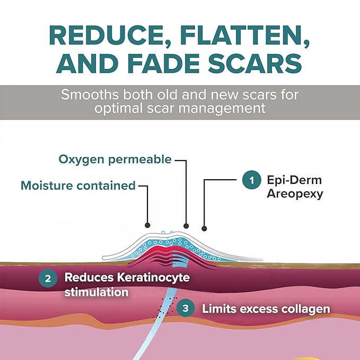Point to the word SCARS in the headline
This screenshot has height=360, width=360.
tap(255, 64)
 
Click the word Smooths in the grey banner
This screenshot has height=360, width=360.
tap(90, 94)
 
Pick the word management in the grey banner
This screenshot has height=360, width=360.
tap(222, 108)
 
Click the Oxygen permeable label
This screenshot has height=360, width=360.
tap(115, 160)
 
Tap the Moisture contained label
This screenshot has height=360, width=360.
tap(78, 186)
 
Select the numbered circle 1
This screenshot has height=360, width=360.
tap(251, 180)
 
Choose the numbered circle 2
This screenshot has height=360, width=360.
tap(48, 278)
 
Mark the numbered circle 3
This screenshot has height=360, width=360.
tap(186, 308)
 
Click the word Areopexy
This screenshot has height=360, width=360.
tap(295, 194)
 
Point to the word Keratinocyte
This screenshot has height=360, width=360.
tap(153, 278)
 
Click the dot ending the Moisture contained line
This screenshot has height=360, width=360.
tap(147, 225)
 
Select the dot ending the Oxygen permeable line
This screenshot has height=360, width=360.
tap(186, 226)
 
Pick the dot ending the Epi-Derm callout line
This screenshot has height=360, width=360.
tap(204, 229)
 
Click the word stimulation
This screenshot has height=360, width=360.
tap(96, 292)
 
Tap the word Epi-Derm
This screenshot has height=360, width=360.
tap(294, 180)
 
